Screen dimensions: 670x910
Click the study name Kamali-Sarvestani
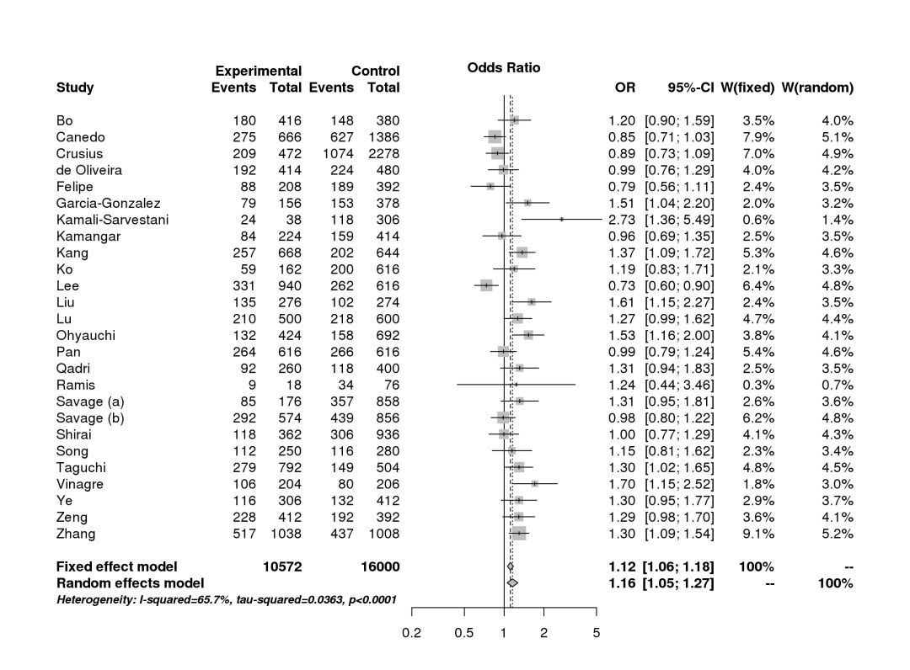tap(112, 220)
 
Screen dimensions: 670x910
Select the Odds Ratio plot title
tap(504, 68)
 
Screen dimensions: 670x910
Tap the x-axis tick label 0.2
tap(411, 634)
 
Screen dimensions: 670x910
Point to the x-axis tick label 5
tap(597, 634)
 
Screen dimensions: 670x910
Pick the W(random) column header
tap(817, 88)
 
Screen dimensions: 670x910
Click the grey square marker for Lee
tap(486, 285)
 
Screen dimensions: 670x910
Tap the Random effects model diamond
tap(512, 582)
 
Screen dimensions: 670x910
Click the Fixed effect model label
tap(117, 566)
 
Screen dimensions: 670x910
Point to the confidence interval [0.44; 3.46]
tap(679, 385)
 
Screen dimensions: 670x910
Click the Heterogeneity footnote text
tap(227, 599)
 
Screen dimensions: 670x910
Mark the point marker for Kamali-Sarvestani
tap(561, 220)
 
